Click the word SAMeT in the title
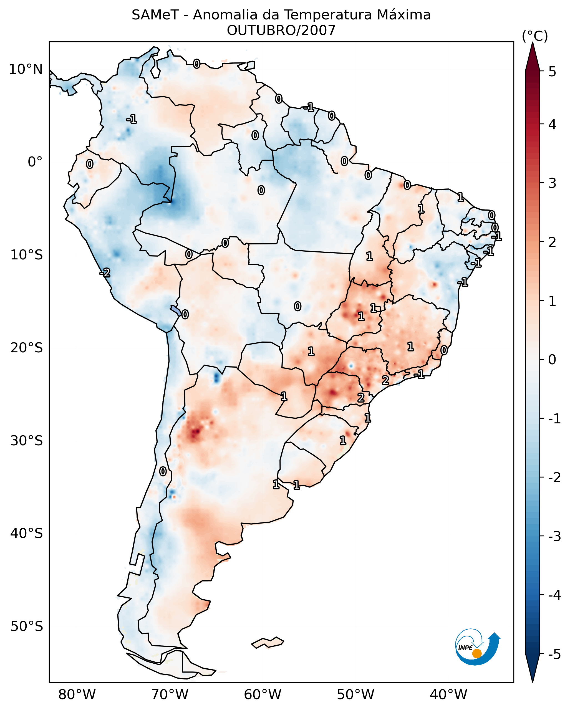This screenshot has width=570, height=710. (155, 15)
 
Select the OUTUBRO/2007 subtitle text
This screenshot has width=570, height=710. (281, 31)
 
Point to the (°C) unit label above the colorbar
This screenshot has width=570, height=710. (534, 36)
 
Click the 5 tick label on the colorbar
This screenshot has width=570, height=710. (552, 72)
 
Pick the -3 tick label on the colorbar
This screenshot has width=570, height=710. (554, 536)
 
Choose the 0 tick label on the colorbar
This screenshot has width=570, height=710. (552, 360)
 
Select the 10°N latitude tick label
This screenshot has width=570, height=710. (26, 69)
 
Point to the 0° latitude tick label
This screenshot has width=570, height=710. (35, 162)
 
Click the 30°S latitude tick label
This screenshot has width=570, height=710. (26, 441)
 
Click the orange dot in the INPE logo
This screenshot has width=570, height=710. (477, 654)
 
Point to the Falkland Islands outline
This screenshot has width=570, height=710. (268, 643)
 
